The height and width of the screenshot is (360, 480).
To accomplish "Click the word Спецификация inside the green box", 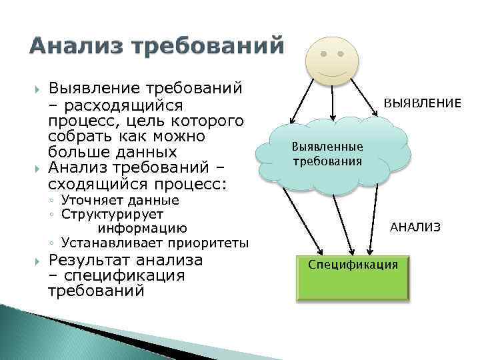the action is [353, 265].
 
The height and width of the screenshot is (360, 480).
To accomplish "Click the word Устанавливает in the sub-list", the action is [101, 243].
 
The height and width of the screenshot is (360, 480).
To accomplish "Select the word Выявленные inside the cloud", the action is [327, 147].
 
